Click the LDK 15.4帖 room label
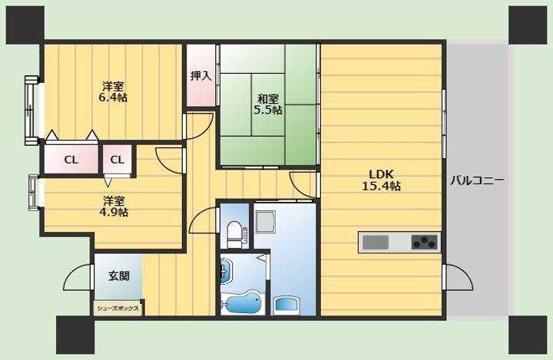(381, 180)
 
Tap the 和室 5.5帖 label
(268, 104)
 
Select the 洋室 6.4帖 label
(113, 91)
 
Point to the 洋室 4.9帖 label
(114, 206)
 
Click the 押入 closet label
(200, 75)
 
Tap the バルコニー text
(477, 181)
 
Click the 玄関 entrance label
(119, 276)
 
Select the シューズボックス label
(118, 309)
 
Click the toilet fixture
(235, 234)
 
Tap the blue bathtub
(243, 302)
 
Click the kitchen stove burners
(424, 243)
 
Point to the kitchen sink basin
(376, 243)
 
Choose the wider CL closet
(71, 160)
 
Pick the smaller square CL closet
(118, 160)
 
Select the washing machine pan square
(265, 222)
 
